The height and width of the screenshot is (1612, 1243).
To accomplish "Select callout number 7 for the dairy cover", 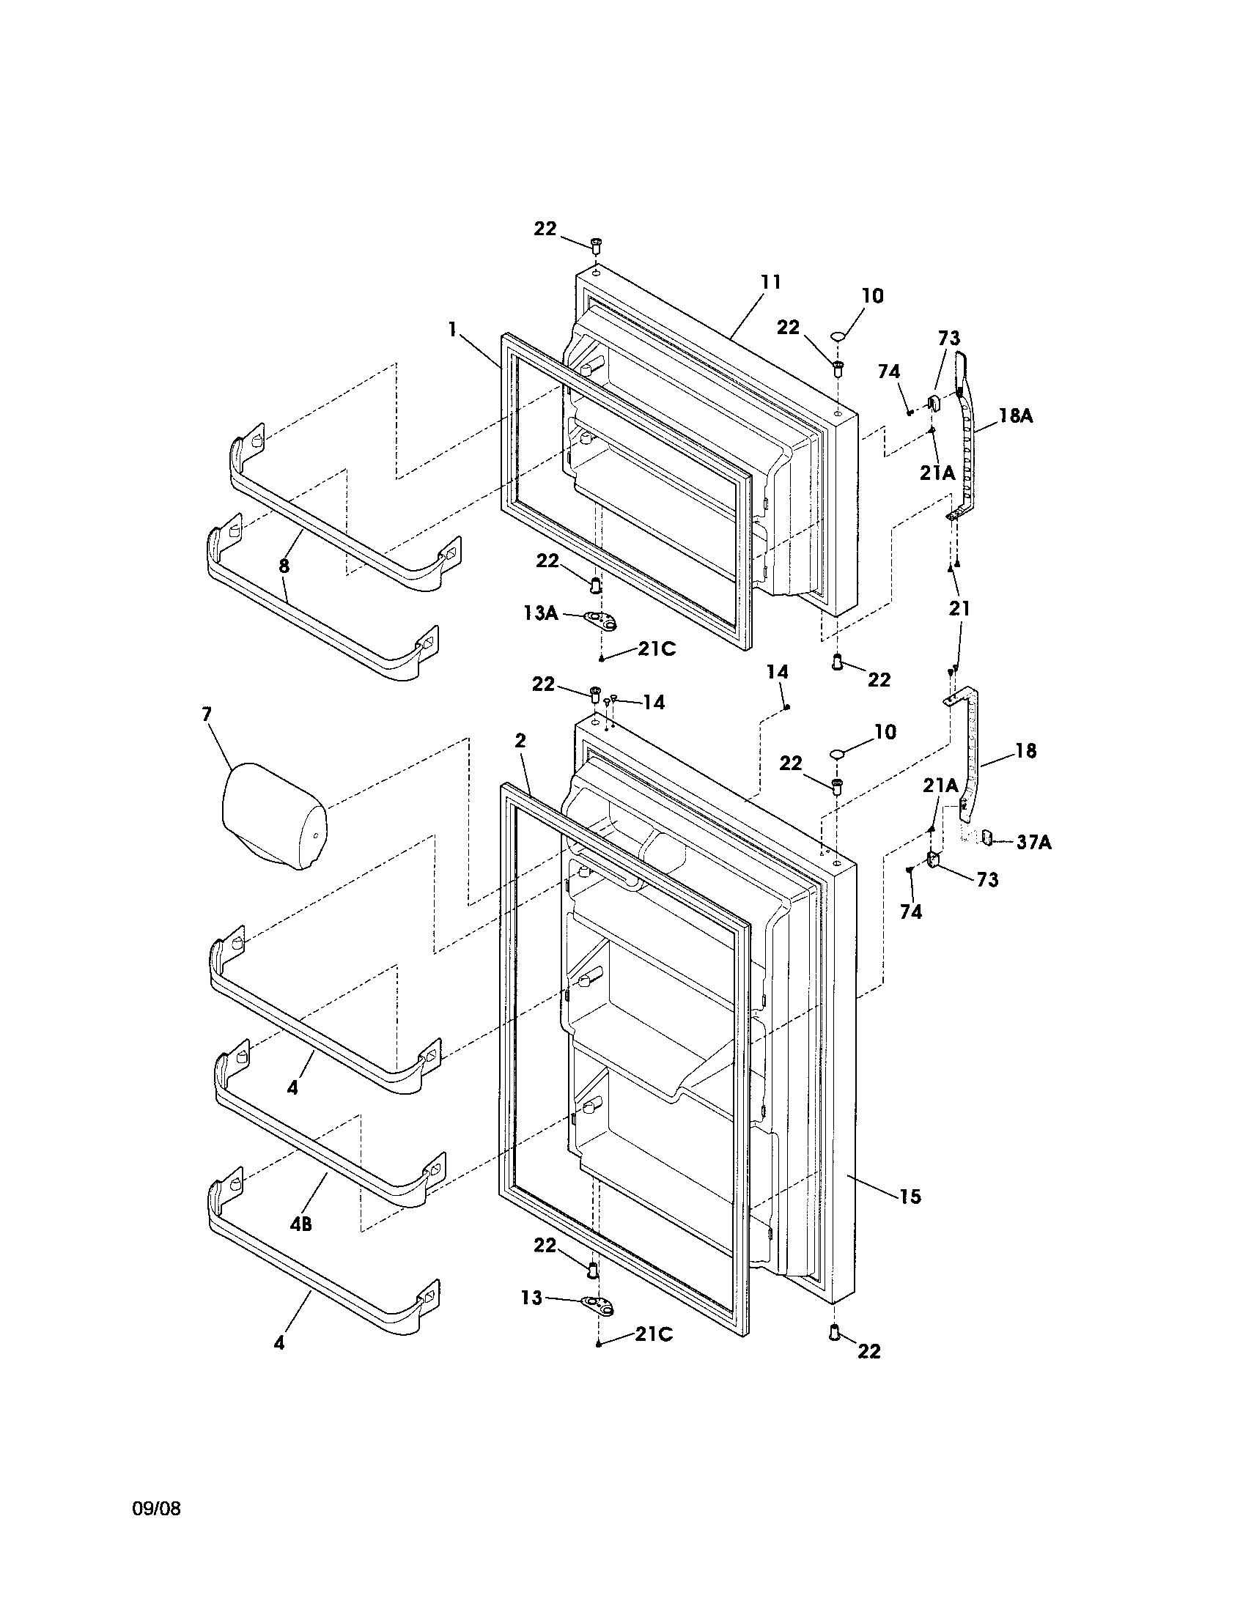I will pos(207,714).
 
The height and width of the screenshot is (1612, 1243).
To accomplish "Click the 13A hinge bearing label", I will pos(541,613).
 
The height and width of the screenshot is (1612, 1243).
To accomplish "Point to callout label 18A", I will pos(1016,416).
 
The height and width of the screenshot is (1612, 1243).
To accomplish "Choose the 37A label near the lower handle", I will pos(1033,841).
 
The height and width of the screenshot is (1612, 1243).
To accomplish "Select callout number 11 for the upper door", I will pos(770,282).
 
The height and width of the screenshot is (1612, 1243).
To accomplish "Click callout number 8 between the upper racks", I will pos(284,566).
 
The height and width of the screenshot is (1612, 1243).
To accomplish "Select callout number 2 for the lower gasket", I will pos(520,741).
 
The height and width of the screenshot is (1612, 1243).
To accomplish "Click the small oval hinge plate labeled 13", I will pos(599,1305).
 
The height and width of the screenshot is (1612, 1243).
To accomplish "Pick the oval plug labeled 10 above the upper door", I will pos(837,336).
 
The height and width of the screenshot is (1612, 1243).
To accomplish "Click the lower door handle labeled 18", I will pos(974,753).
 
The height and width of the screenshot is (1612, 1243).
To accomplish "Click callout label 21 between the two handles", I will pos(959,609).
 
